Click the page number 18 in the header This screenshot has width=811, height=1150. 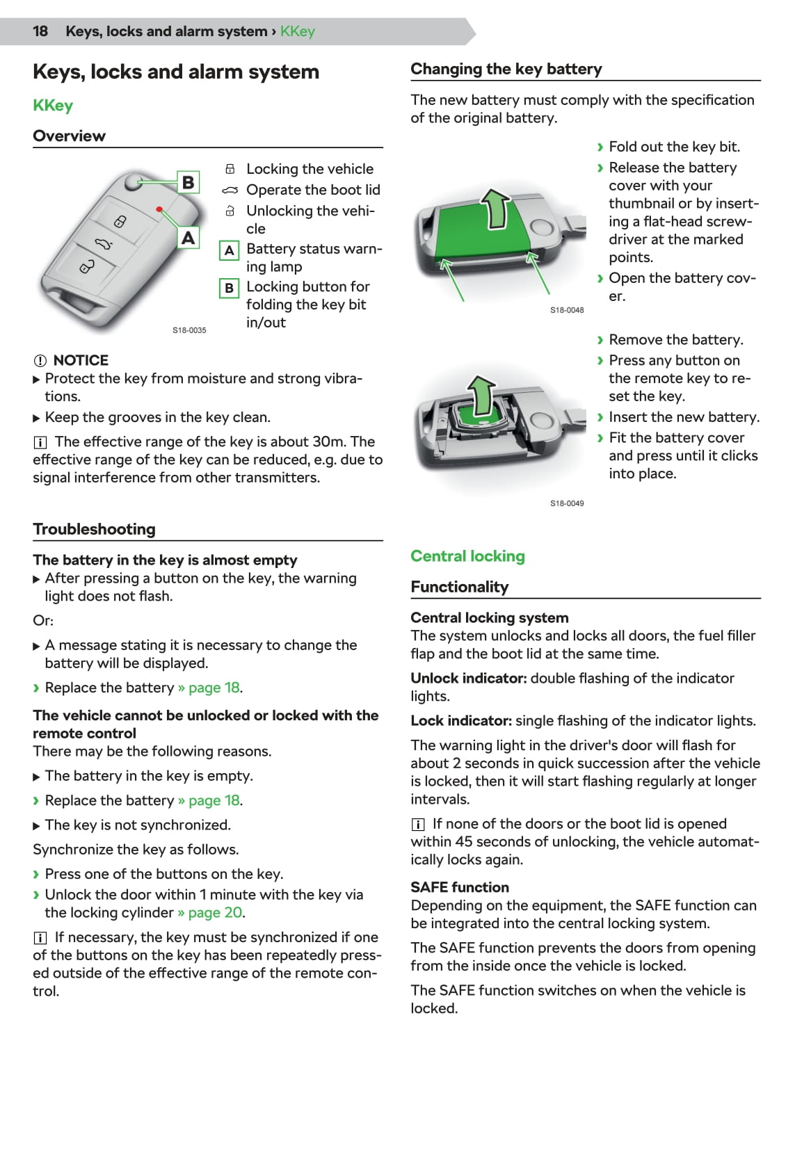tap(40, 31)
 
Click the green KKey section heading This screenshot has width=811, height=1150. tap(53, 106)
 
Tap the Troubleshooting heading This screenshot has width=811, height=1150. tap(94, 529)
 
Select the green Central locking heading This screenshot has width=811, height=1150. tap(467, 556)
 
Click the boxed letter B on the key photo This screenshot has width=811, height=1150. tap(188, 182)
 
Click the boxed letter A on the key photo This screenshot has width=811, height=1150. tap(188, 238)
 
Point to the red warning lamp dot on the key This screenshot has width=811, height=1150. tap(160, 209)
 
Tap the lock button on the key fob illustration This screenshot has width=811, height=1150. tap(120, 222)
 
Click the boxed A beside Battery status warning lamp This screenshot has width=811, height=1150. tap(229, 250)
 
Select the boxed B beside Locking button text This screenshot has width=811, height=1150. tap(229, 288)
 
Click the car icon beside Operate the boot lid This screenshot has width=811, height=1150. tap(230, 191)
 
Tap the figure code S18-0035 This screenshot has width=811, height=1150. tap(189, 330)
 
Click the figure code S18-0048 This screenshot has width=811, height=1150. tap(567, 310)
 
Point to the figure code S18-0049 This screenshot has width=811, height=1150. tap(567, 503)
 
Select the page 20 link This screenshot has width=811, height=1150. tap(215, 913)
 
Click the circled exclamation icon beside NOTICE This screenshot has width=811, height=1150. tap(40, 361)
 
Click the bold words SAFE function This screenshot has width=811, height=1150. tap(460, 887)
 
